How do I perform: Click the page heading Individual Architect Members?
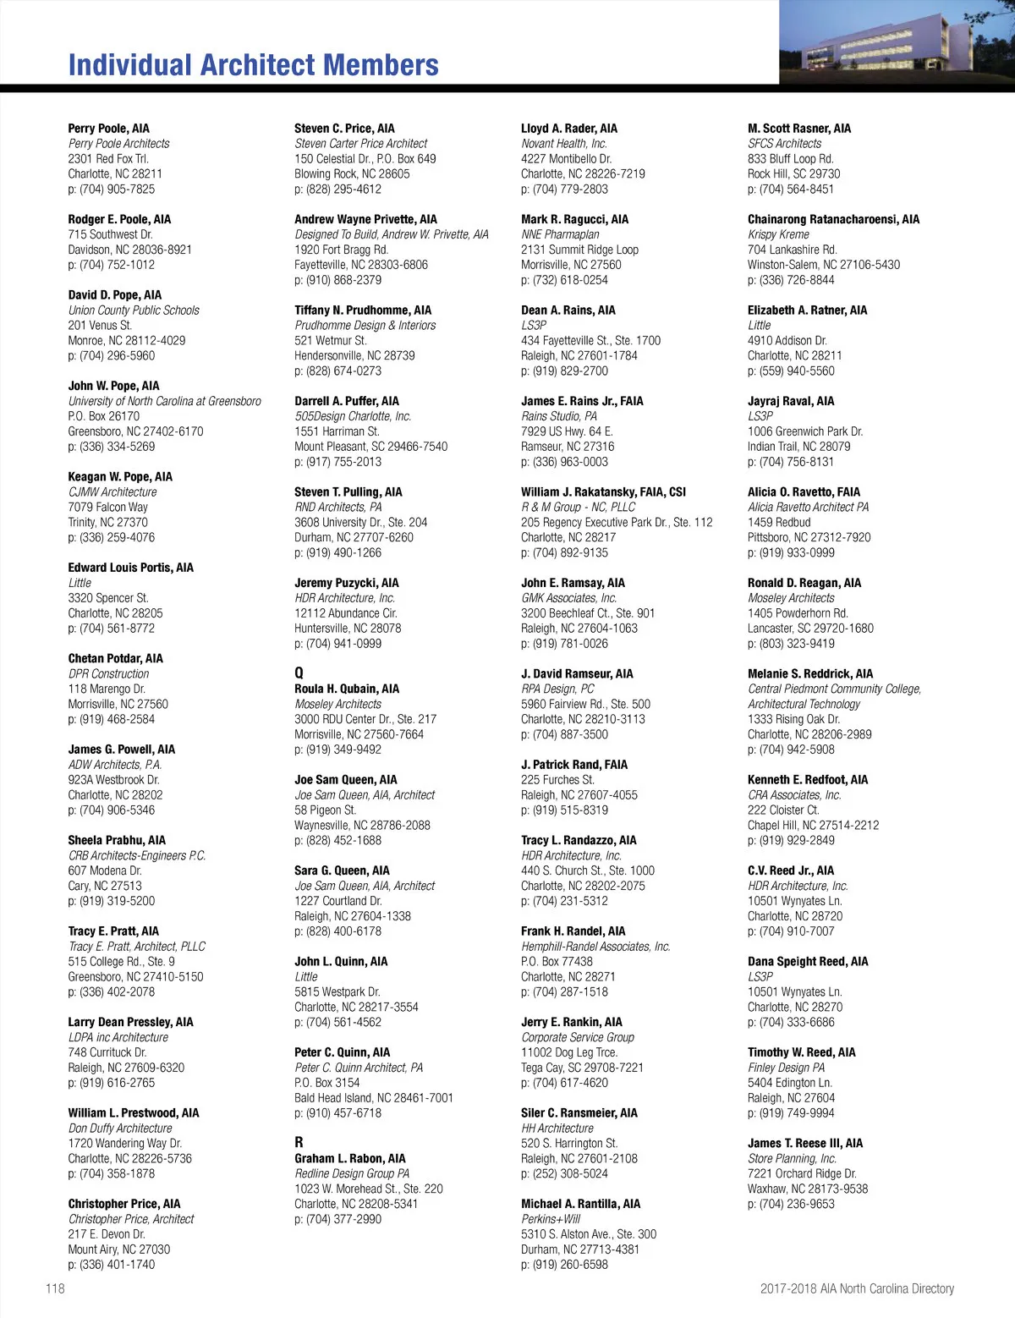(253, 65)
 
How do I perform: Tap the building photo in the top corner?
(897, 41)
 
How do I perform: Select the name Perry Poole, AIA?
(108, 129)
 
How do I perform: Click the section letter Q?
(299, 673)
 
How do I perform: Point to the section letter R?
(299, 1142)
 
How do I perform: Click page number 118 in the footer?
(55, 1288)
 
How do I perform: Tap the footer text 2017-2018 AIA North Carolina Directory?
(857, 1288)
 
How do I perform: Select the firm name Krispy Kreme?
(778, 234)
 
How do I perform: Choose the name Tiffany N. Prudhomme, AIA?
(363, 310)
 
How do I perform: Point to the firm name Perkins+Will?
(551, 1219)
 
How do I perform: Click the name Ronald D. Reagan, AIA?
(804, 583)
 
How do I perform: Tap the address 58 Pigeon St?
(325, 810)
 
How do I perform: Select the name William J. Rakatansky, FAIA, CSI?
(603, 492)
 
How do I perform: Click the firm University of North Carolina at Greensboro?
(165, 401)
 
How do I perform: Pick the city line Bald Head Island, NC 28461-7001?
(374, 1098)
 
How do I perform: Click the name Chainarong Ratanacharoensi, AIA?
(833, 219)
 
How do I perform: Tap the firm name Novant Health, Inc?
(564, 144)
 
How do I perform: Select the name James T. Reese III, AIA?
(805, 1143)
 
